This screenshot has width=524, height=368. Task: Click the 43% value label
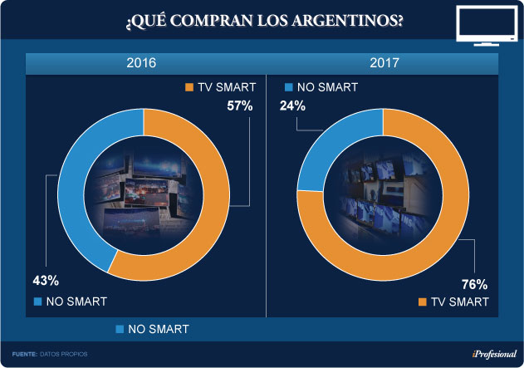click(x=47, y=280)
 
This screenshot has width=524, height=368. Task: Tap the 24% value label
click(x=293, y=105)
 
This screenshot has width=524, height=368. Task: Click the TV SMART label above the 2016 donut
click(x=219, y=86)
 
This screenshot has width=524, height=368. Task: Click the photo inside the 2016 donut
click(x=144, y=195)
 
